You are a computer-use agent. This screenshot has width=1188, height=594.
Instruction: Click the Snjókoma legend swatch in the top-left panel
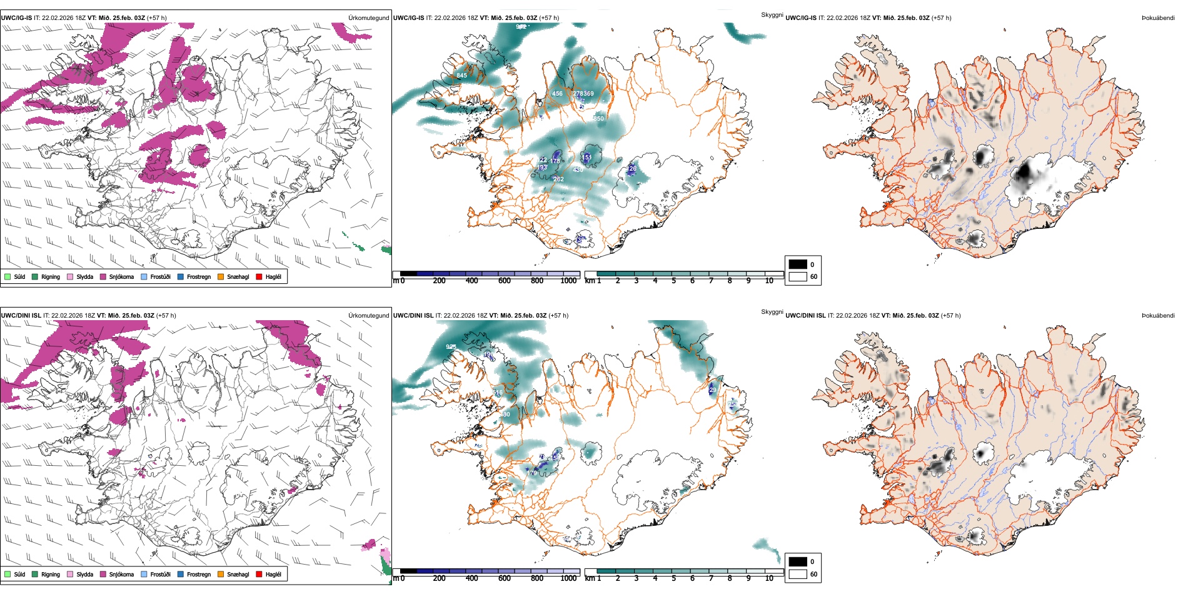(x=103, y=276)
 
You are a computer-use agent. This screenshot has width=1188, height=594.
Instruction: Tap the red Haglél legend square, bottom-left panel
(x=259, y=574)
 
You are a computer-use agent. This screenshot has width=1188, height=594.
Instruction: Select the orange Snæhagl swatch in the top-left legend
(x=221, y=276)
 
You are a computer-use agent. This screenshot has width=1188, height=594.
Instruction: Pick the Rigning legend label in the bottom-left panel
(x=51, y=574)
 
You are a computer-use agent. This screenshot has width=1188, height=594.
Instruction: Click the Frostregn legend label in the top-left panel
(x=198, y=276)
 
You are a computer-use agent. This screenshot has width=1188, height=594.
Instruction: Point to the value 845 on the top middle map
(x=461, y=76)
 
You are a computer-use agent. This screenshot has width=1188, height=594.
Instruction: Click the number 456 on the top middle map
(x=557, y=94)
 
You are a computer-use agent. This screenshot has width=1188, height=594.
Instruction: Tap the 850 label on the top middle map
(x=598, y=118)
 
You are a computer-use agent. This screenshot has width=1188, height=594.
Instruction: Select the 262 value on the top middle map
(x=558, y=179)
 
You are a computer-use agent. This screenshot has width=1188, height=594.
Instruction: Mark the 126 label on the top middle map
(x=632, y=169)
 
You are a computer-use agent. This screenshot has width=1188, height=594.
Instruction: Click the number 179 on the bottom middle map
(x=532, y=473)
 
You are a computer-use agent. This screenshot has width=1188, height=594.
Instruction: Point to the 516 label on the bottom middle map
(x=498, y=393)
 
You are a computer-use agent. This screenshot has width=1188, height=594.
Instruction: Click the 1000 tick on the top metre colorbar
(x=568, y=281)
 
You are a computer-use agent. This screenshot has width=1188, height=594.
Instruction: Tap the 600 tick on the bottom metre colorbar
(x=504, y=578)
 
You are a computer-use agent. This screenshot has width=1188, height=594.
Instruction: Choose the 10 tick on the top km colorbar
(x=769, y=281)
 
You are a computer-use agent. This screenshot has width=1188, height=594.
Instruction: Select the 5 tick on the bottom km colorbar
(x=674, y=578)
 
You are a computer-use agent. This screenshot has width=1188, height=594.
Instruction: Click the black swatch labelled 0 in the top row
(x=798, y=264)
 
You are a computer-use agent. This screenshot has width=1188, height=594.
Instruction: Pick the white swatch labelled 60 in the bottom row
(x=798, y=573)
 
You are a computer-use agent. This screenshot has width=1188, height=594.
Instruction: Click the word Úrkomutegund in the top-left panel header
(x=368, y=18)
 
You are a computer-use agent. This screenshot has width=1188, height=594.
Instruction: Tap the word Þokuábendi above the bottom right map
(x=1158, y=315)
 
